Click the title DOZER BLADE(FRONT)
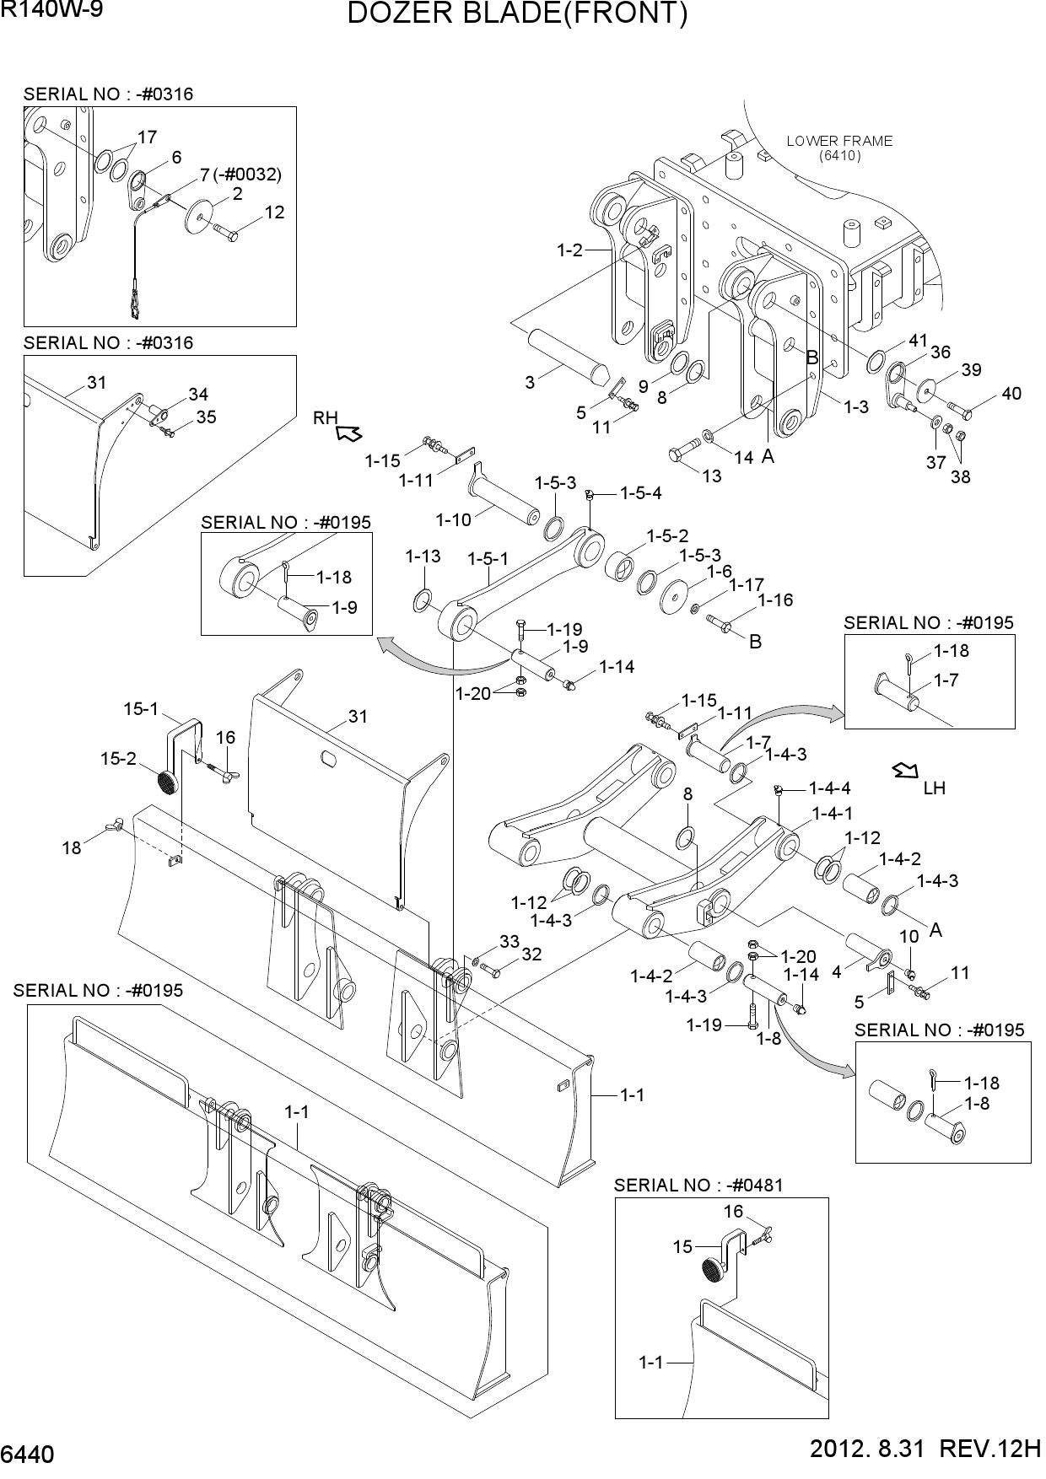pos(518,15)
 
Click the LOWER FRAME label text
pos(839,141)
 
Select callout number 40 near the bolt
pos(1011,394)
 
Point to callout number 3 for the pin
pos(530,382)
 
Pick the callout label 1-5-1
pos(488,558)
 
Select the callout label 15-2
pos(118,759)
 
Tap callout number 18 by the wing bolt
pos(72,847)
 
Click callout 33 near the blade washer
pos(510,941)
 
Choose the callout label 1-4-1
pos(833,812)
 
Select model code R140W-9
pos(51,11)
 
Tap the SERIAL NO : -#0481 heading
pos(698,1185)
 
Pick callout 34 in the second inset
pos(198,394)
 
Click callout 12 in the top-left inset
pos(274,212)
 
